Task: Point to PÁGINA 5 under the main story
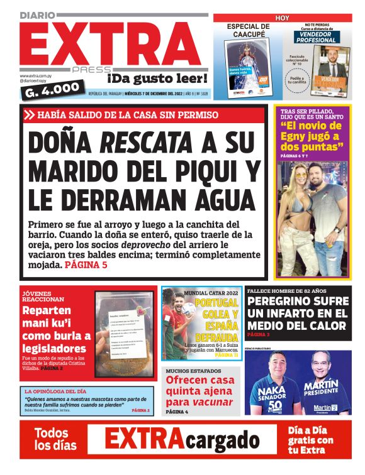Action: [x=86, y=265]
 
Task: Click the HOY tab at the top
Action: [x=283, y=18]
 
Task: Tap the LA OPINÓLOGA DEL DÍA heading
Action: [x=54, y=391]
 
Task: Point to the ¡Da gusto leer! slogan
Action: [x=157, y=78]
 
